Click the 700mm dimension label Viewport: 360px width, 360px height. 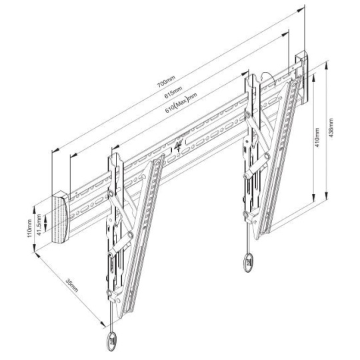tap(166, 81)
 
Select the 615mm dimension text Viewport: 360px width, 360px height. tap(173, 92)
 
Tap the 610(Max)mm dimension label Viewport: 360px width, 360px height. tap(181, 103)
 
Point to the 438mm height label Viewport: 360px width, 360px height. tap(331, 127)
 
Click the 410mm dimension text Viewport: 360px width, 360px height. tap(317, 137)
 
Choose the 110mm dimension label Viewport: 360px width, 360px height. tap(29, 229)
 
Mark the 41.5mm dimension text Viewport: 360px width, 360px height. tap(39, 225)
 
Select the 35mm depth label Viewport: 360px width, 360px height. tap(72, 285)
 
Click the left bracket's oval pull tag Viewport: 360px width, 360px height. tap(112, 341)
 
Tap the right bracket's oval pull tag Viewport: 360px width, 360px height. tap(248, 263)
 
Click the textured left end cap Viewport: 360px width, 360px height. tap(60, 217)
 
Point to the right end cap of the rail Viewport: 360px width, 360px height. tap(302, 77)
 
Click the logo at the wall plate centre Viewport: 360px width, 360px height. tap(179, 145)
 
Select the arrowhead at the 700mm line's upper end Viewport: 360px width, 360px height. tap(301, 10)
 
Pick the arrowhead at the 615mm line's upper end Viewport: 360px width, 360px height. tap(285, 35)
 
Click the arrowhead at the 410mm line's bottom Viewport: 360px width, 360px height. tap(313, 197)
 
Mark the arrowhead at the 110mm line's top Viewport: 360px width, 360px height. tap(34, 209)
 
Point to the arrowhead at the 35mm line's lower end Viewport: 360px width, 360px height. tap(103, 324)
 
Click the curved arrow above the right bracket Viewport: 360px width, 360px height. tap(267, 77)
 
